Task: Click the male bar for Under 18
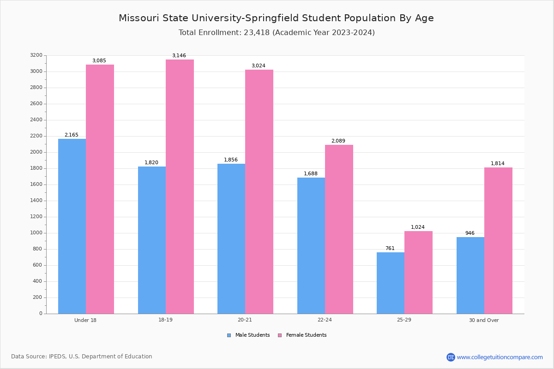tap(72, 226)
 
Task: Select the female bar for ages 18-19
tap(180, 186)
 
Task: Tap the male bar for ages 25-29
tap(391, 283)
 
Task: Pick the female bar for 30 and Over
tap(498, 240)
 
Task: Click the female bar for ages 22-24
tap(339, 229)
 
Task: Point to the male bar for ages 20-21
tap(231, 238)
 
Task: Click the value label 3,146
tap(179, 56)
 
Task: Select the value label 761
tap(390, 249)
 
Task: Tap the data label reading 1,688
tap(311, 174)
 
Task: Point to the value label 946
tap(470, 233)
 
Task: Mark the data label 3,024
tap(259, 66)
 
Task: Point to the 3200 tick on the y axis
tap(36, 55)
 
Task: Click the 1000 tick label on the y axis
tap(36, 233)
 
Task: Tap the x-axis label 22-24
tap(325, 320)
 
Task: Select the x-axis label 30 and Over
tap(484, 320)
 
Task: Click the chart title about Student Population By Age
tap(276, 18)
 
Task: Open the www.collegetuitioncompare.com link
tap(500, 357)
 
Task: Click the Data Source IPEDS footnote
tap(82, 357)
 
